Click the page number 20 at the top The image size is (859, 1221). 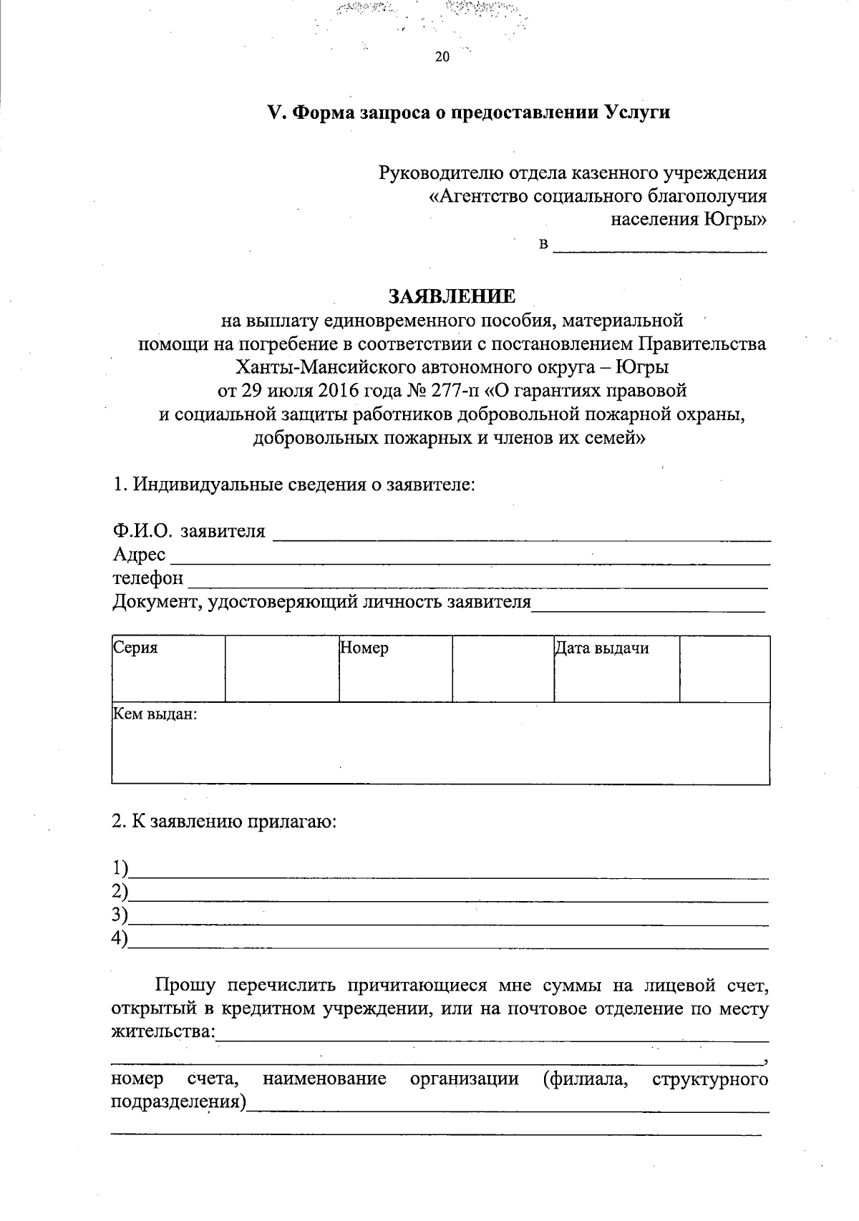coord(442,58)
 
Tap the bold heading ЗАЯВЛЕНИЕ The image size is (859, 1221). coord(452,296)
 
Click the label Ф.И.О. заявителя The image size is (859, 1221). coord(189,531)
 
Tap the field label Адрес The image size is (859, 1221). coord(139,555)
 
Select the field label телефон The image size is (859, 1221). coord(148,578)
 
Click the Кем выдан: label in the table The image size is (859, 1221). coord(155,714)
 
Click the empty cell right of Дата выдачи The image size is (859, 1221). coord(724,668)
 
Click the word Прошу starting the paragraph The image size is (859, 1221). coord(185,986)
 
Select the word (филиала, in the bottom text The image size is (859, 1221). coord(586,1079)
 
